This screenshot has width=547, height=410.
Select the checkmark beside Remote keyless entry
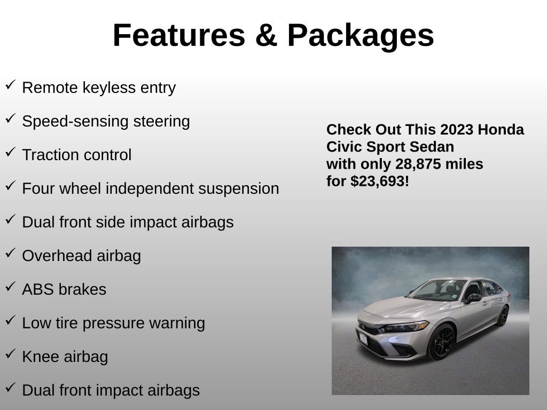(x=10, y=85)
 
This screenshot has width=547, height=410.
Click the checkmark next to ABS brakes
(x=10, y=287)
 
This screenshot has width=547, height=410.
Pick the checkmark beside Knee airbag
(x=10, y=354)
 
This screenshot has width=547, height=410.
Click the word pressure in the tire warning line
(x=131, y=323)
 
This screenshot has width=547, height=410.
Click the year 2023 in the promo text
(x=457, y=130)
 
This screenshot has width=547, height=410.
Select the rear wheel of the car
(x=503, y=316)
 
